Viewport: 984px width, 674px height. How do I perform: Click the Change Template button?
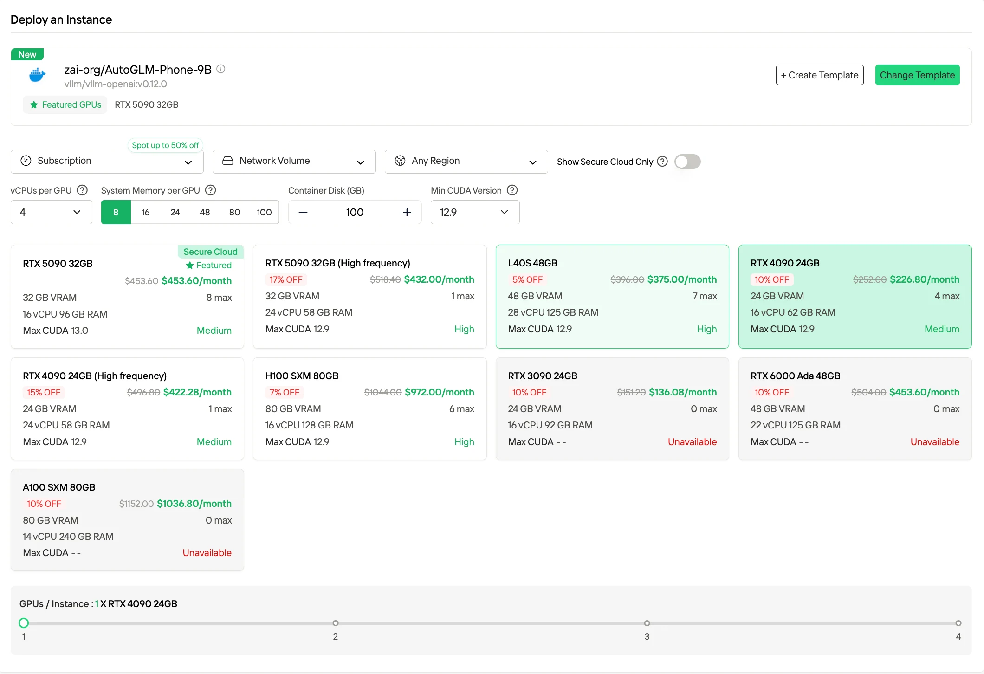[x=917, y=75]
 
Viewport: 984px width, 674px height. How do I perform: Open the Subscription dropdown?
[x=107, y=162]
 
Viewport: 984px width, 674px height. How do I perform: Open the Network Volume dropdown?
[x=294, y=162]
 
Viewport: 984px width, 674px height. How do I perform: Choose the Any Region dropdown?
[x=466, y=162]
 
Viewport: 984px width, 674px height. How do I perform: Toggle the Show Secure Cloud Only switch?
[x=687, y=162]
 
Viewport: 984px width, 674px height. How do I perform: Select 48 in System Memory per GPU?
[x=205, y=212]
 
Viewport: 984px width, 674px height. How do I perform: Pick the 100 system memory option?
[x=264, y=212]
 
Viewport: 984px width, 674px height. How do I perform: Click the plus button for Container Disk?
[x=407, y=212]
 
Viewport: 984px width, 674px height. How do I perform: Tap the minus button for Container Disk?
[x=303, y=212]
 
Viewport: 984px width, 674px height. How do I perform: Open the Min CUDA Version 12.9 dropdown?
[x=475, y=212]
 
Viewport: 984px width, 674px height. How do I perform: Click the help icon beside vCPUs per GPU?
[x=82, y=190]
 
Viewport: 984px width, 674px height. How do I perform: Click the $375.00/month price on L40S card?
[x=682, y=279]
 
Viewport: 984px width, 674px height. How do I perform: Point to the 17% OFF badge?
[x=286, y=279]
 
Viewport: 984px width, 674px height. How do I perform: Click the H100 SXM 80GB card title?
[x=302, y=376]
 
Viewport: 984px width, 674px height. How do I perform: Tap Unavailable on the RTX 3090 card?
[x=692, y=442]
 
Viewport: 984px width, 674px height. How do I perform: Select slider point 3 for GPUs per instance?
[x=647, y=623]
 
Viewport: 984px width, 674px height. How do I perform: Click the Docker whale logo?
[x=37, y=75]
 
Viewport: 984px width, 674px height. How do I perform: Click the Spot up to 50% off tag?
[x=165, y=145]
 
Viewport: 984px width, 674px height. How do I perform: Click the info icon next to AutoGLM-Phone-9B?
[x=221, y=69]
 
